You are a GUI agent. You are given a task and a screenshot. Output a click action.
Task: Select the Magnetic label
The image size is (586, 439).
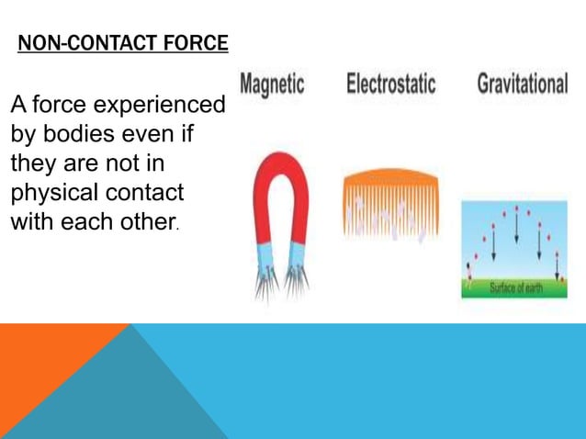(x=272, y=84)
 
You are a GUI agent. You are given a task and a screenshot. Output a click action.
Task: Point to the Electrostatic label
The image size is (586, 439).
(x=389, y=84)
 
